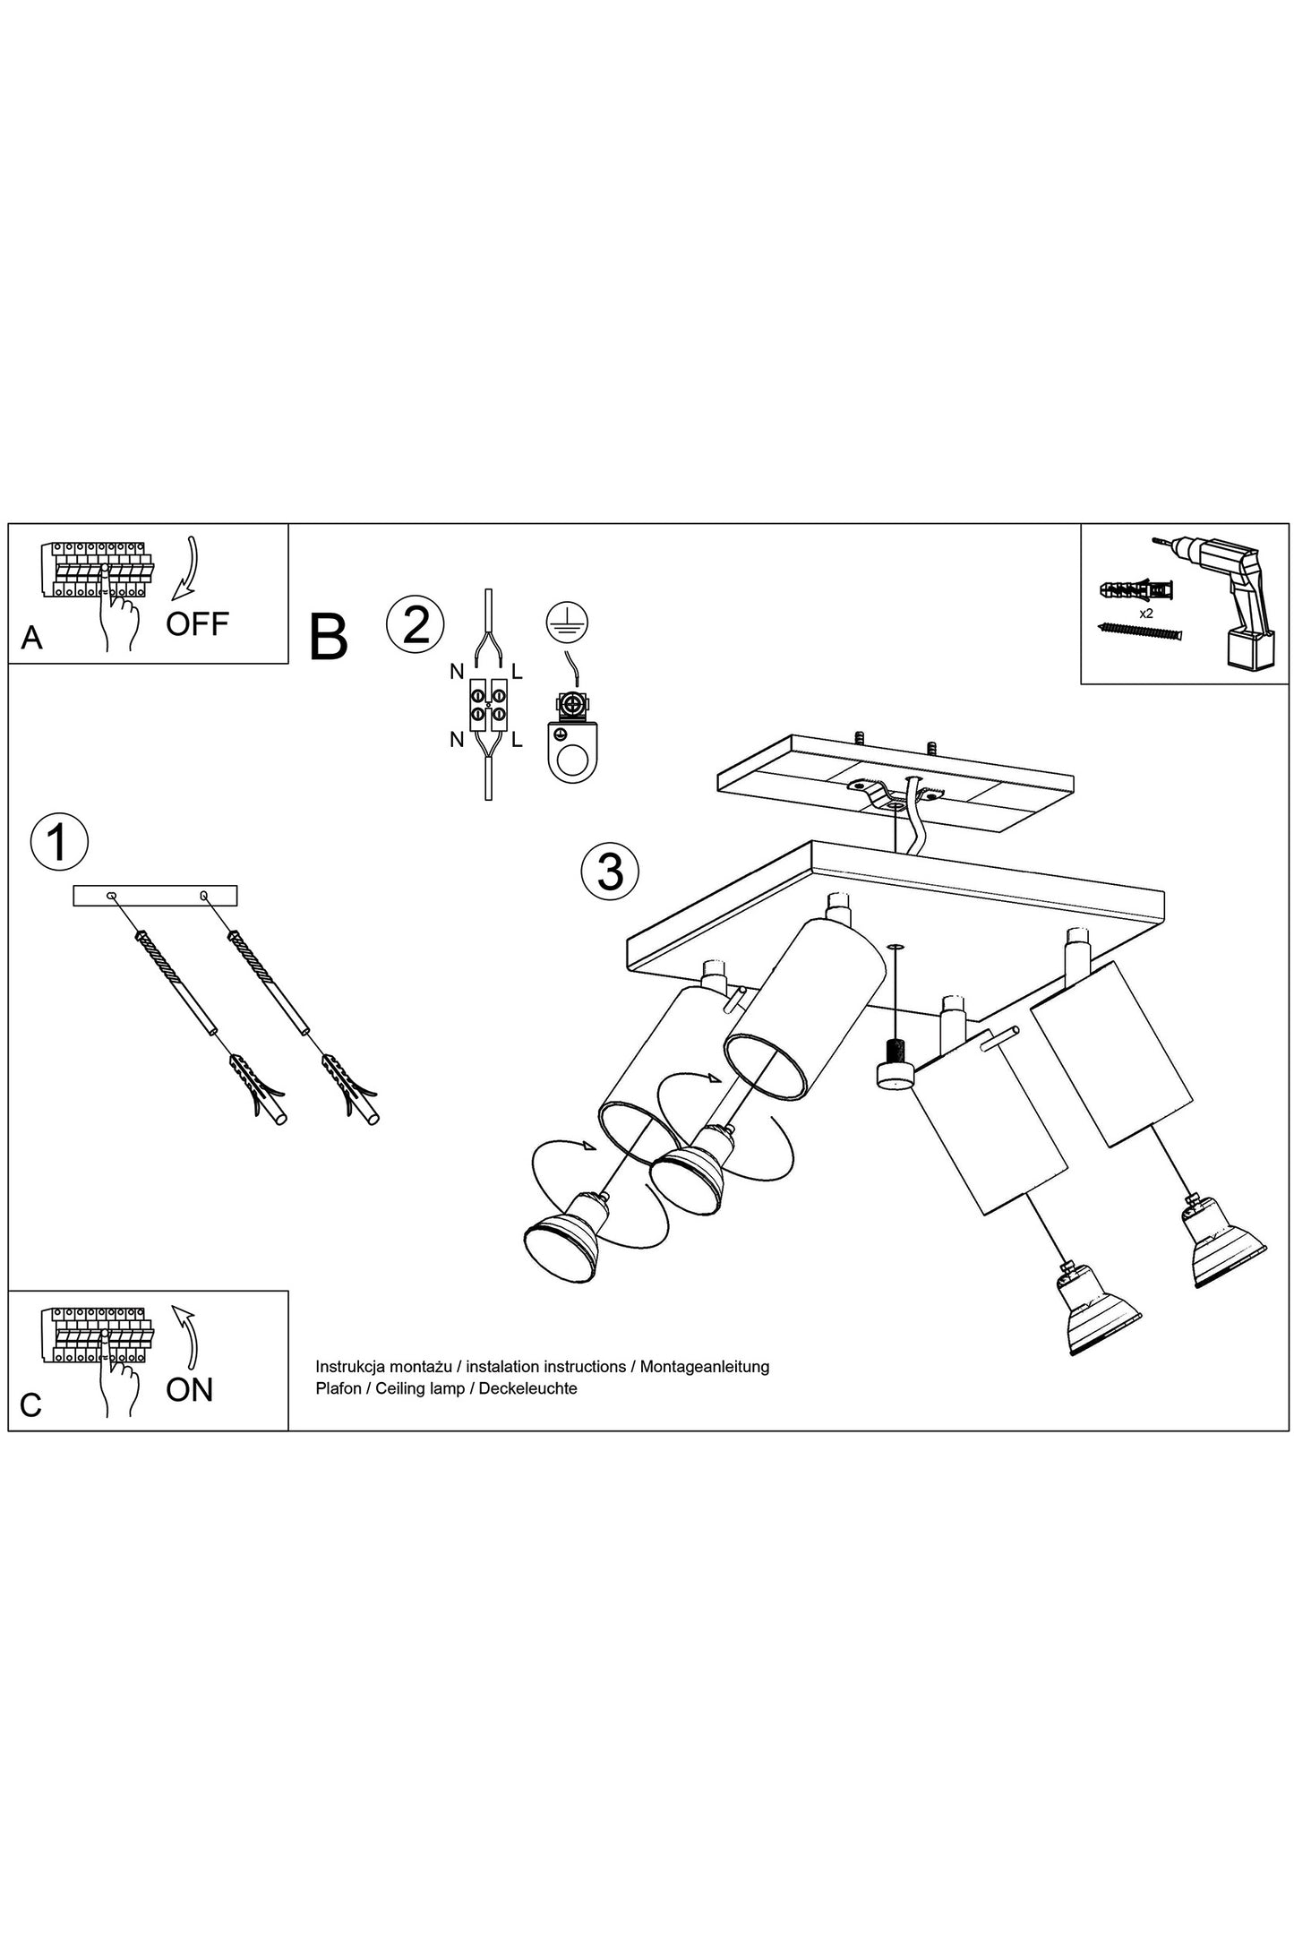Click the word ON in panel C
(x=189, y=1389)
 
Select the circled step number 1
(x=59, y=842)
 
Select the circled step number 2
(x=416, y=624)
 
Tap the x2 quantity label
(x=1145, y=614)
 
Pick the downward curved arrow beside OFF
(x=186, y=567)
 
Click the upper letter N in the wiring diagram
(x=457, y=671)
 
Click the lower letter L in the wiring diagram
(x=517, y=740)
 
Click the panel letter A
(x=31, y=638)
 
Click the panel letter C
(x=30, y=1405)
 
